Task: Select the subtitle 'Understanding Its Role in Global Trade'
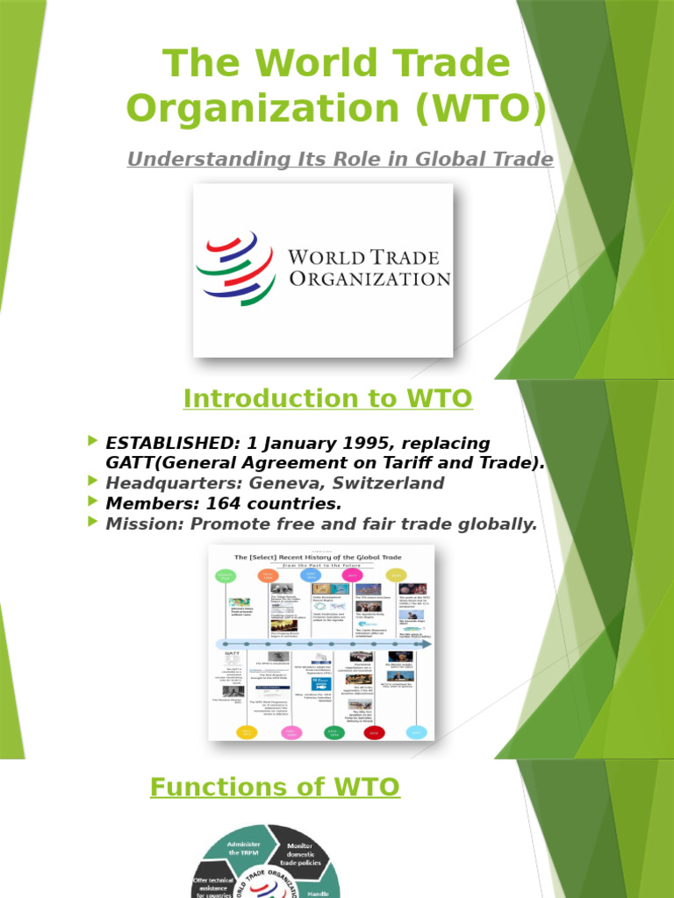[x=341, y=160]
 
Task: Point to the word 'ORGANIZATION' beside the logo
[x=369, y=279]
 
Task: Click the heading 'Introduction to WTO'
[x=327, y=399]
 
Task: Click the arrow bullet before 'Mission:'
[x=94, y=524]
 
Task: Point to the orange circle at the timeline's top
[x=268, y=575]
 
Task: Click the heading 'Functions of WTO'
[x=275, y=788]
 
